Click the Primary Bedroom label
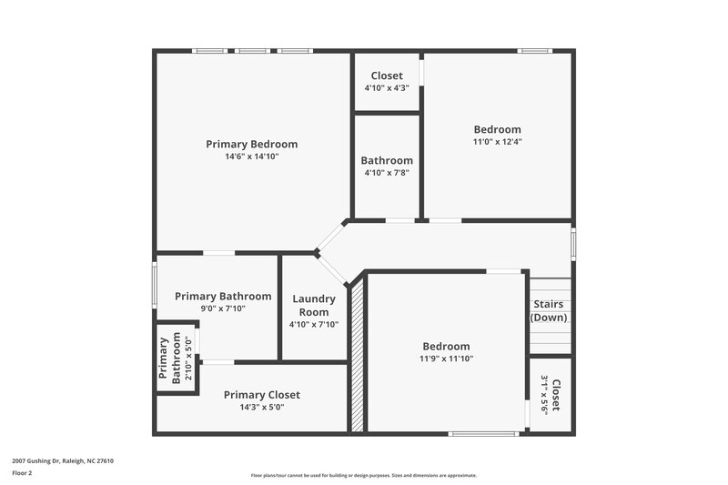coord(251,144)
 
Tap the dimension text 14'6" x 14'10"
coord(251,157)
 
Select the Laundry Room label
coord(314,305)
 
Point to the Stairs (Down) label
coord(549,310)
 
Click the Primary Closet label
coord(262,395)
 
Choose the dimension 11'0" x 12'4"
coord(497,142)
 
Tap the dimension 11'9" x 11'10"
coord(446,359)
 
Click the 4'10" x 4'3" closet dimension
coord(387,88)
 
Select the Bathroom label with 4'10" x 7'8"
coord(387,160)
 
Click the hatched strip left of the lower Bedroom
coord(358,354)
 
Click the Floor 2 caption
coord(23,473)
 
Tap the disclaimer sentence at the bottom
coord(364,475)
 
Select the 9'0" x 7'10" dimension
coord(223,308)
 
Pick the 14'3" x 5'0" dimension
coord(262,408)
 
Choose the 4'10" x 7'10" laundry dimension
coord(314,324)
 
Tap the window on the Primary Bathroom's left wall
coord(154,286)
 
